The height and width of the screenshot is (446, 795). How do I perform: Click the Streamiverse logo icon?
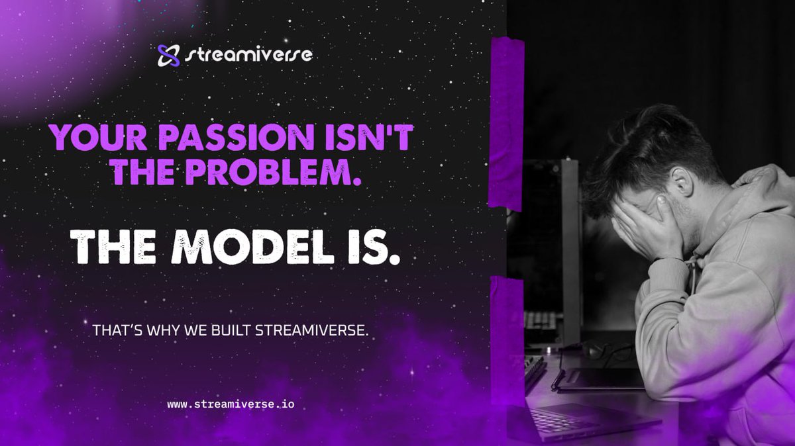[x=168, y=56]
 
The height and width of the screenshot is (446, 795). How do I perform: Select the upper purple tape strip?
[x=506, y=122]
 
